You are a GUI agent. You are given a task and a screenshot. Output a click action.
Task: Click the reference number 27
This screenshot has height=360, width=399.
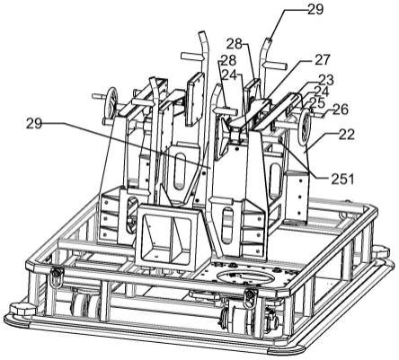[322, 59]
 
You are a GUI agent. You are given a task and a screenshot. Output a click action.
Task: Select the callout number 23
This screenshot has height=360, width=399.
[325, 80]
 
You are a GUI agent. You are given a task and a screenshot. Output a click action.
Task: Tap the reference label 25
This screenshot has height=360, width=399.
[317, 103]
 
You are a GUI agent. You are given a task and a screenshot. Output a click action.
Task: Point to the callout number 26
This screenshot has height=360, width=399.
[341, 110]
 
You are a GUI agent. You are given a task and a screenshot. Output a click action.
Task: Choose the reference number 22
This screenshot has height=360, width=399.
[347, 135]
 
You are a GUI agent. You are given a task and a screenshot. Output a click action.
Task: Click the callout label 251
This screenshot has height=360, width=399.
[342, 179]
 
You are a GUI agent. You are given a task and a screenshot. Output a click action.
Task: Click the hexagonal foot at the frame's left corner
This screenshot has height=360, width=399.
[22, 309]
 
